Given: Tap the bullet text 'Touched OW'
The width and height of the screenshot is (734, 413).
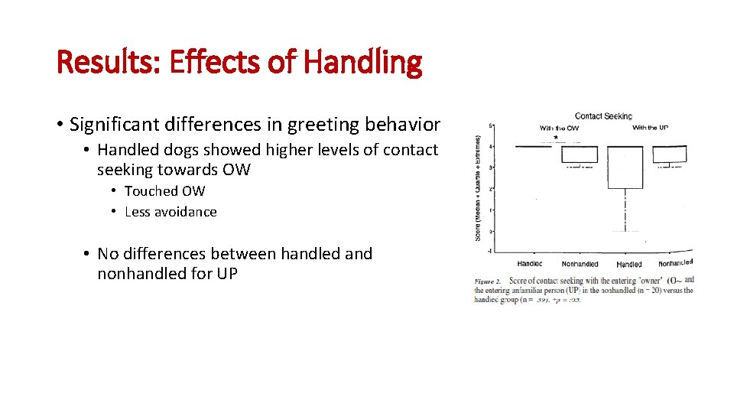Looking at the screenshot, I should (x=164, y=191).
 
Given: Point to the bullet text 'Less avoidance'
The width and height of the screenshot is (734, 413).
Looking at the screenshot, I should (x=171, y=212).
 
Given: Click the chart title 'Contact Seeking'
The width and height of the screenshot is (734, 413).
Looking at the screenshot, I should (x=603, y=116).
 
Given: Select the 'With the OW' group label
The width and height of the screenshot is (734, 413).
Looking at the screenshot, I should (x=559, y=128).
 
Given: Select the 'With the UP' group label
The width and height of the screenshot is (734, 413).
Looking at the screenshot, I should (x=650, y=128).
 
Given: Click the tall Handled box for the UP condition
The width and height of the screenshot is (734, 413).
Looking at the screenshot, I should (x=626, y=167).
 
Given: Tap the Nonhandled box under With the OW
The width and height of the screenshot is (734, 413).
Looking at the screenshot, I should (x=580, y=154).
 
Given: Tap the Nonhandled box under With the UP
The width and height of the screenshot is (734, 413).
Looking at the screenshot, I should (x=670, y=154).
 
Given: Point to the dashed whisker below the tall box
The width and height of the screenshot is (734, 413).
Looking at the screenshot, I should (x=626, y=210).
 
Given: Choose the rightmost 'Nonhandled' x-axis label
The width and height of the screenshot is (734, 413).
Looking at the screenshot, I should (x=675, y=263).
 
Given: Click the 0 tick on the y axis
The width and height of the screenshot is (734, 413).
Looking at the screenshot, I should (x=489, y=231).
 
